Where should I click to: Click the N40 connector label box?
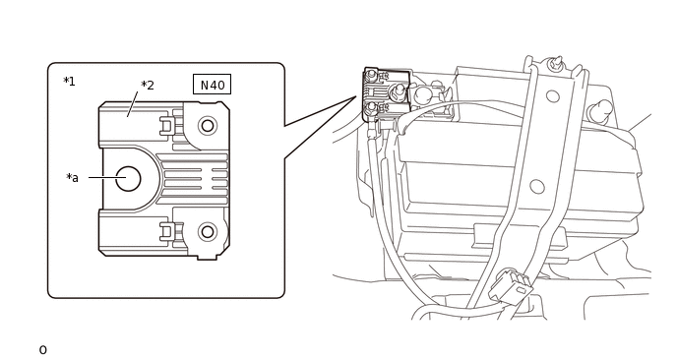tap(212, 85)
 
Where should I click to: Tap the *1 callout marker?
tap(69, 82)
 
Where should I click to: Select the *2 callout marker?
tap(148, 85)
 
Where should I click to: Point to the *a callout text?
tap(72, 177)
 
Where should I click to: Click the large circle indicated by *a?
tap(128, 178)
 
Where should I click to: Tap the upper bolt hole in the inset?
tap(208, 125)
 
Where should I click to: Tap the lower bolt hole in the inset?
tap(208, 232)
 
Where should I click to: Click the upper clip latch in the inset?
tap(166, 125)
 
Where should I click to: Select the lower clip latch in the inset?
tap(166, 232)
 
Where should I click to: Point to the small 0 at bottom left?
tap(42, 349)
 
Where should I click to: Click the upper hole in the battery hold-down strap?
tap(553, 96)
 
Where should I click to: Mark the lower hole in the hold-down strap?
tap(536, 187)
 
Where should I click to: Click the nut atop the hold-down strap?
tap(555, 64)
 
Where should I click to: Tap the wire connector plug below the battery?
tap(512, 285)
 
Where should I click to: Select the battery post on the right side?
tap(599, 110)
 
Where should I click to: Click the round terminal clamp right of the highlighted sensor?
tap(422, 94)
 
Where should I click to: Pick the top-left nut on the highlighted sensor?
tap(370, 76)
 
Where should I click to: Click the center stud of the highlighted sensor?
tap(399, 91)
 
